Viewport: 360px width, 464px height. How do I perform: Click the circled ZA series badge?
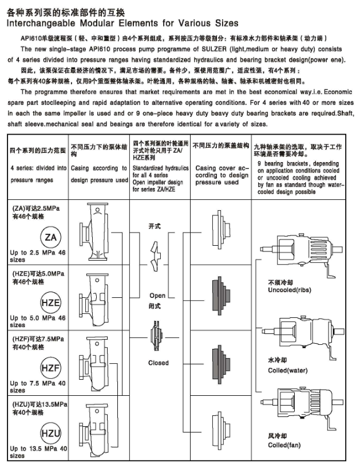pyautogui.click(x=50, y=237)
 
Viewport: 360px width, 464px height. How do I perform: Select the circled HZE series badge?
pyautogui.click(x=50, y=302)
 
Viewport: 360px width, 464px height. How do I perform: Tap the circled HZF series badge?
pyautogui.click(x=50, y=368)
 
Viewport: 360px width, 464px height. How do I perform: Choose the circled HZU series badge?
pyautogui.click(x=50, y=434)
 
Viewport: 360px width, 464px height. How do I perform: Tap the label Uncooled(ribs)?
pyautogui.click(x=290, y=290)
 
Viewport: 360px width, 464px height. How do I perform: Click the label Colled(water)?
pyautogui.click(x=287, y=371)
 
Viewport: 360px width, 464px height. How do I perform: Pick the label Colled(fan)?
pyautogui.click(x=284, y=445)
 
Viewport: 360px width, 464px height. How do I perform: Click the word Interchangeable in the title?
pyautogui.click(x=41, y=23)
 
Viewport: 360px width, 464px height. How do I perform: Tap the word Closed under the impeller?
pyautogui.click(x=159, y=363)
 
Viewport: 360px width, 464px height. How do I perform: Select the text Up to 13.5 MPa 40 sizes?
pyautogui.click(x=38, y=452)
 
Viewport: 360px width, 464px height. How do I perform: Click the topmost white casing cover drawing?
pyautogui.click(x=221, y=229)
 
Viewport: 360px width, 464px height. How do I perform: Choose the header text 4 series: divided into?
pyautogui.click(x=38, y=168)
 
